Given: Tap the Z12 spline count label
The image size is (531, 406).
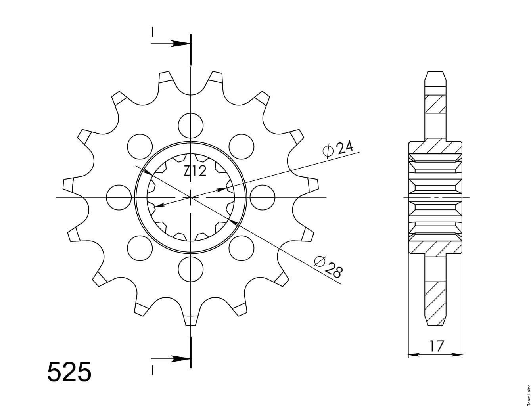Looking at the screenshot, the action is point(195,171).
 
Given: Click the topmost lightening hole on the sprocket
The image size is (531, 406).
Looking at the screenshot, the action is point(191,126).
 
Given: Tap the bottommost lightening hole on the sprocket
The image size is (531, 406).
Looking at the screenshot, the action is point(191,269).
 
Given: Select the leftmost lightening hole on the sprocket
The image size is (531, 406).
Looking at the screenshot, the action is point(119,197).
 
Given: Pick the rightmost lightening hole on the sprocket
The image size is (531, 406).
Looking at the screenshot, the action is point(262,197).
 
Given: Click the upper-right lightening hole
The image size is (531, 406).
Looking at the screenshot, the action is point(241,147).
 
